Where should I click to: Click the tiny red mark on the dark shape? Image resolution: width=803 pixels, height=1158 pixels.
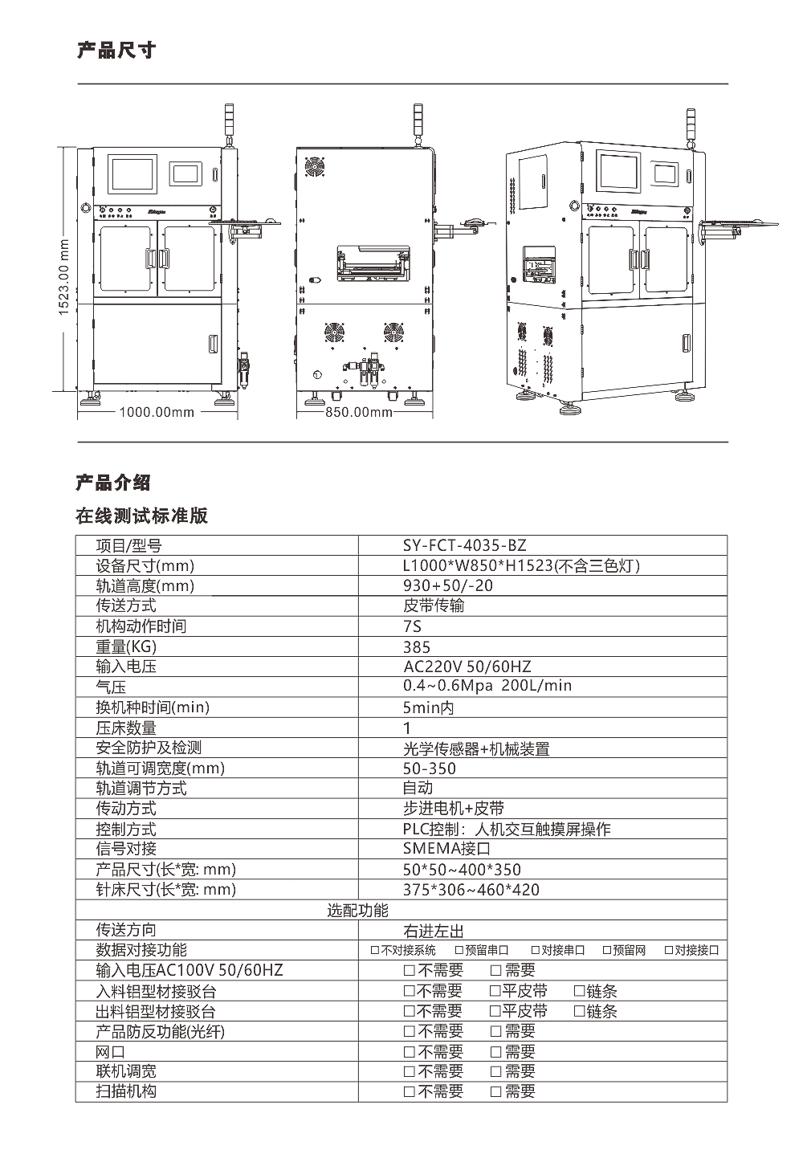(69, 263)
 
